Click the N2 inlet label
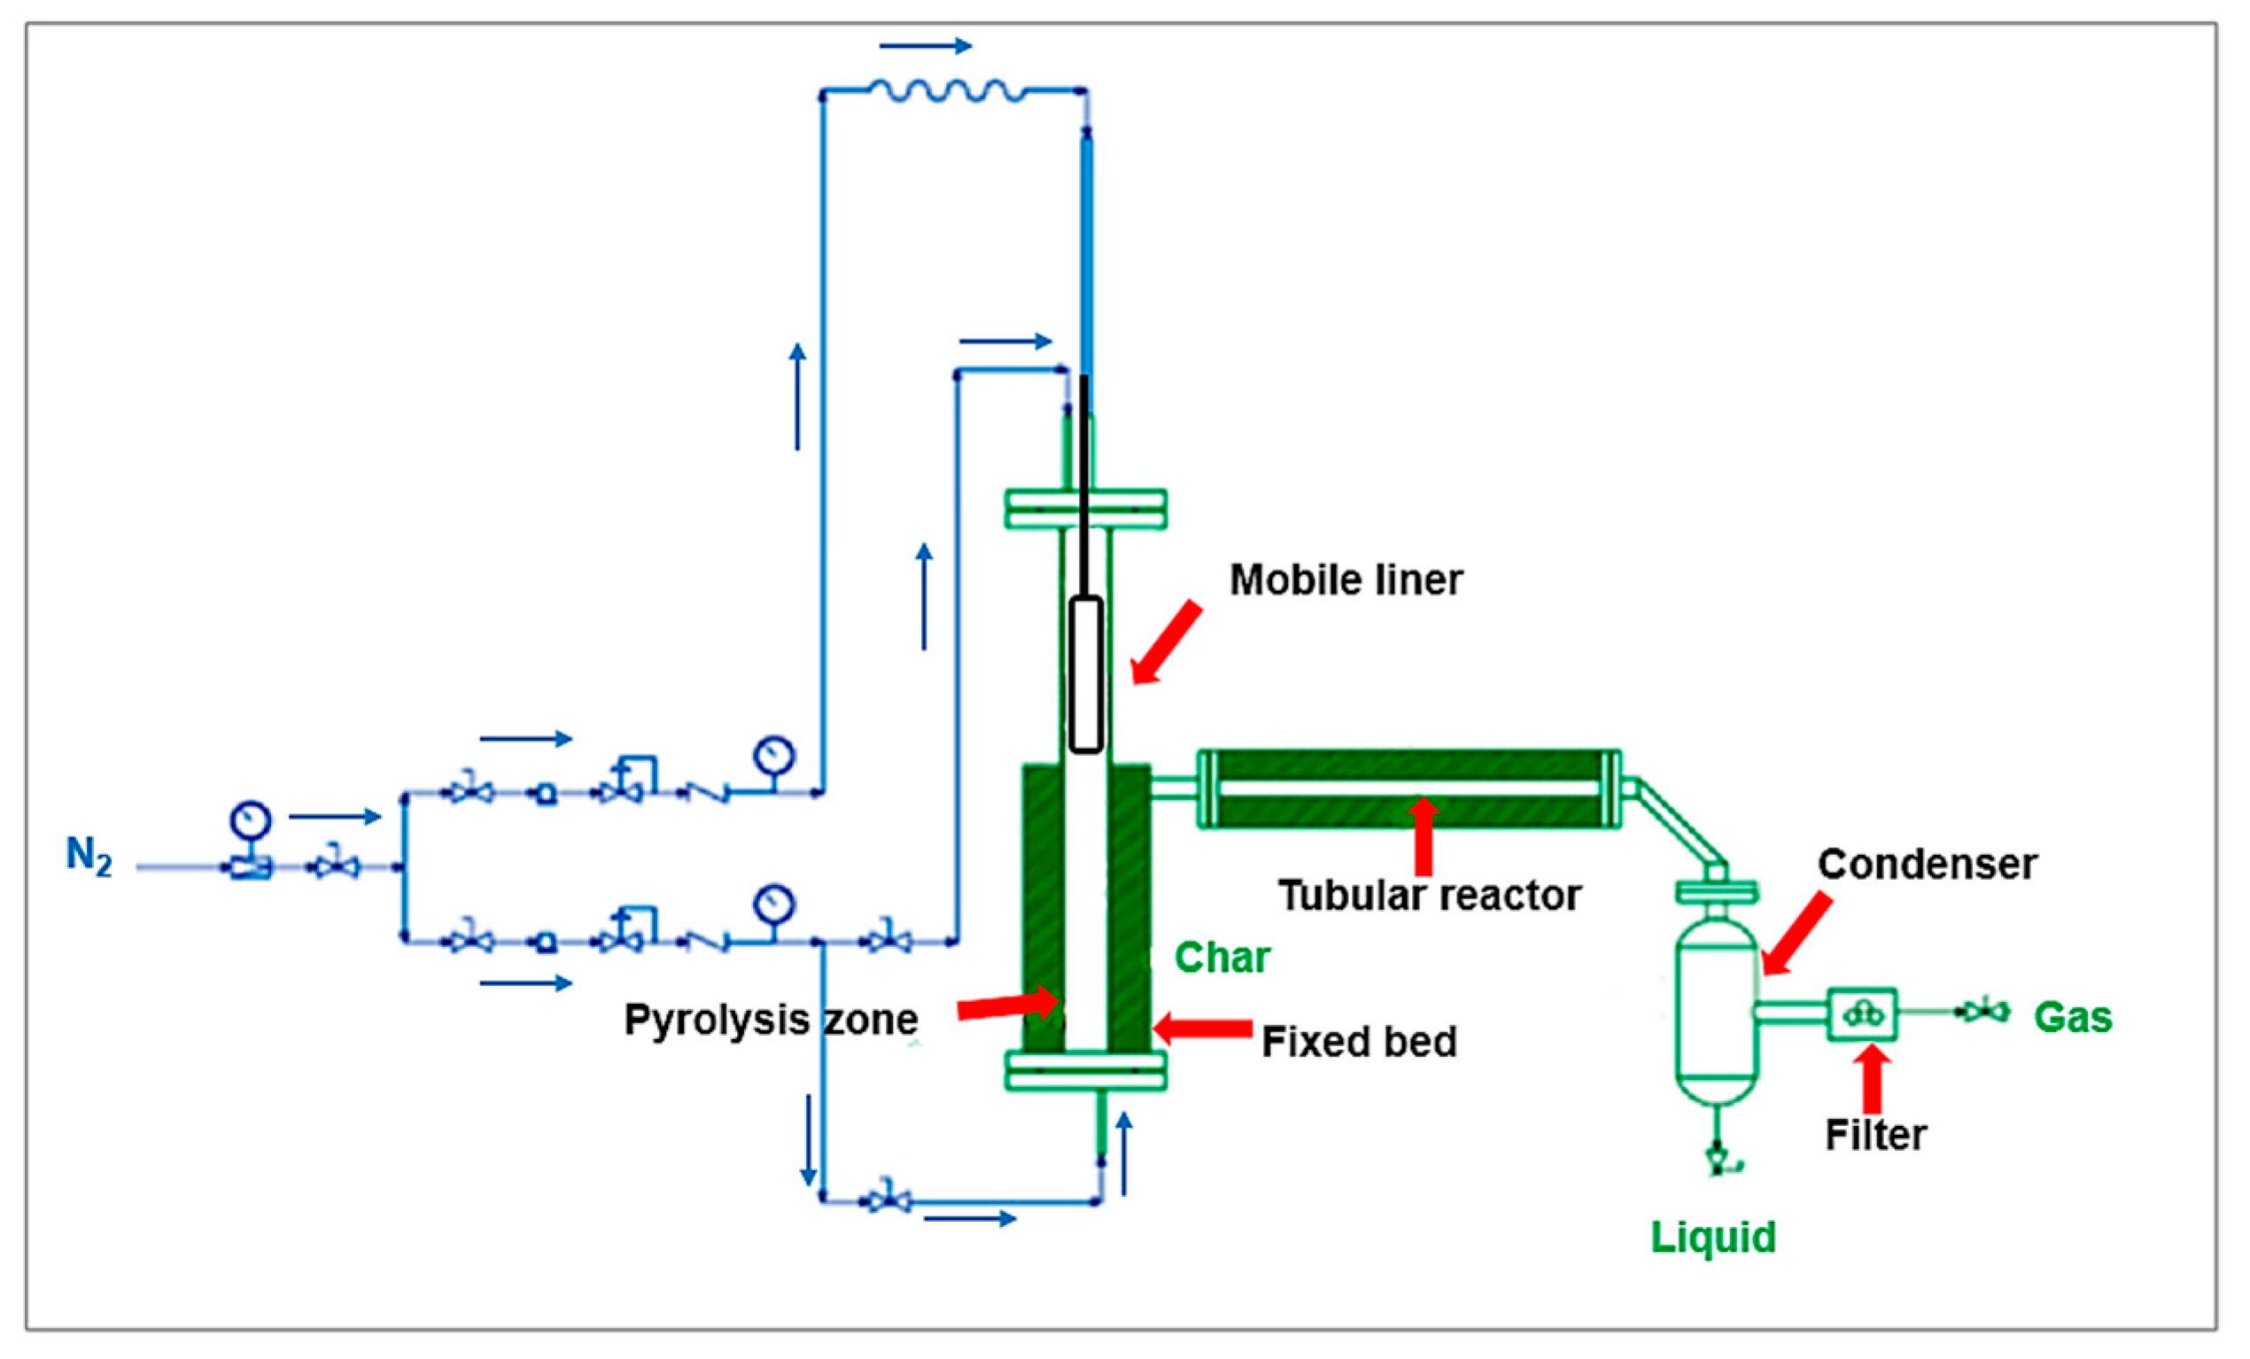(x=89, y=857)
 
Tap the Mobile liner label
(x=1345, y=581)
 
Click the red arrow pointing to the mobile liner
(x=1166, y=643)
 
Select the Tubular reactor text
(x=1429, y=896)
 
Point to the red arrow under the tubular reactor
(x=1423, y=835)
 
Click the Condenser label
(x=1927, y=864)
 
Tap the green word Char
(x=1222, y=958)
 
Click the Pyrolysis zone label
(x=771, y=1019)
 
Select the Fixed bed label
(x=1359, y=1042)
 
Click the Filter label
(x=1875, y=1135)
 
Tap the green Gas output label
(x=2073, y=1017)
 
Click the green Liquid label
(x=1713, y=1238)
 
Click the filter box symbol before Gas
(x=1862, y=1014)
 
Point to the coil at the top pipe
(x=947, y=90)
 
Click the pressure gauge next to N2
(x=250, y=820)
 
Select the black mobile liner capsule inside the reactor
(x=1085, y=675)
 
